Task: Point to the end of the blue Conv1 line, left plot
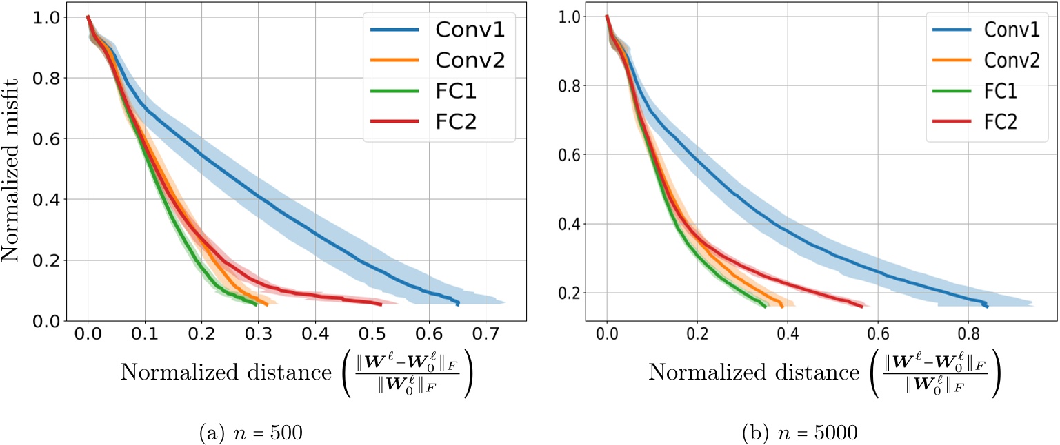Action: (459, 304)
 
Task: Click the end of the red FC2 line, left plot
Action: (381, 304)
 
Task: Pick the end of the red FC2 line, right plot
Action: (862, 307)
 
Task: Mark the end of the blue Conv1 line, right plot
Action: (987, 306)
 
